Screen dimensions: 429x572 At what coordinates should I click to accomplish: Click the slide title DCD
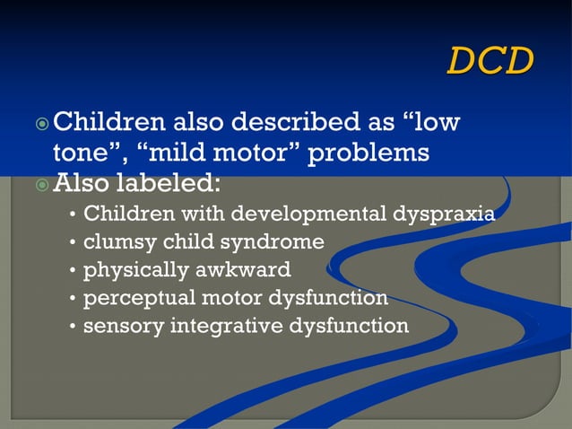coord(490,60)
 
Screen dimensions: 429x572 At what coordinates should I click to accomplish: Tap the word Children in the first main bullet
coord(108,121)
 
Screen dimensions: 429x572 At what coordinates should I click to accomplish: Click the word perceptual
coord(131,298)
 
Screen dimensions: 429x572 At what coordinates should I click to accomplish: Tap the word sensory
coord(117,326)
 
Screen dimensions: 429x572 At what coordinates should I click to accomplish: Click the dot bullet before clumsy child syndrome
coord(72,243)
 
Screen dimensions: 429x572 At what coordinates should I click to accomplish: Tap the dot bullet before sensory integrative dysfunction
coord(72,326)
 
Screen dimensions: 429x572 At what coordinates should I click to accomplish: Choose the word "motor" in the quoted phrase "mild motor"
coord(249,153)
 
